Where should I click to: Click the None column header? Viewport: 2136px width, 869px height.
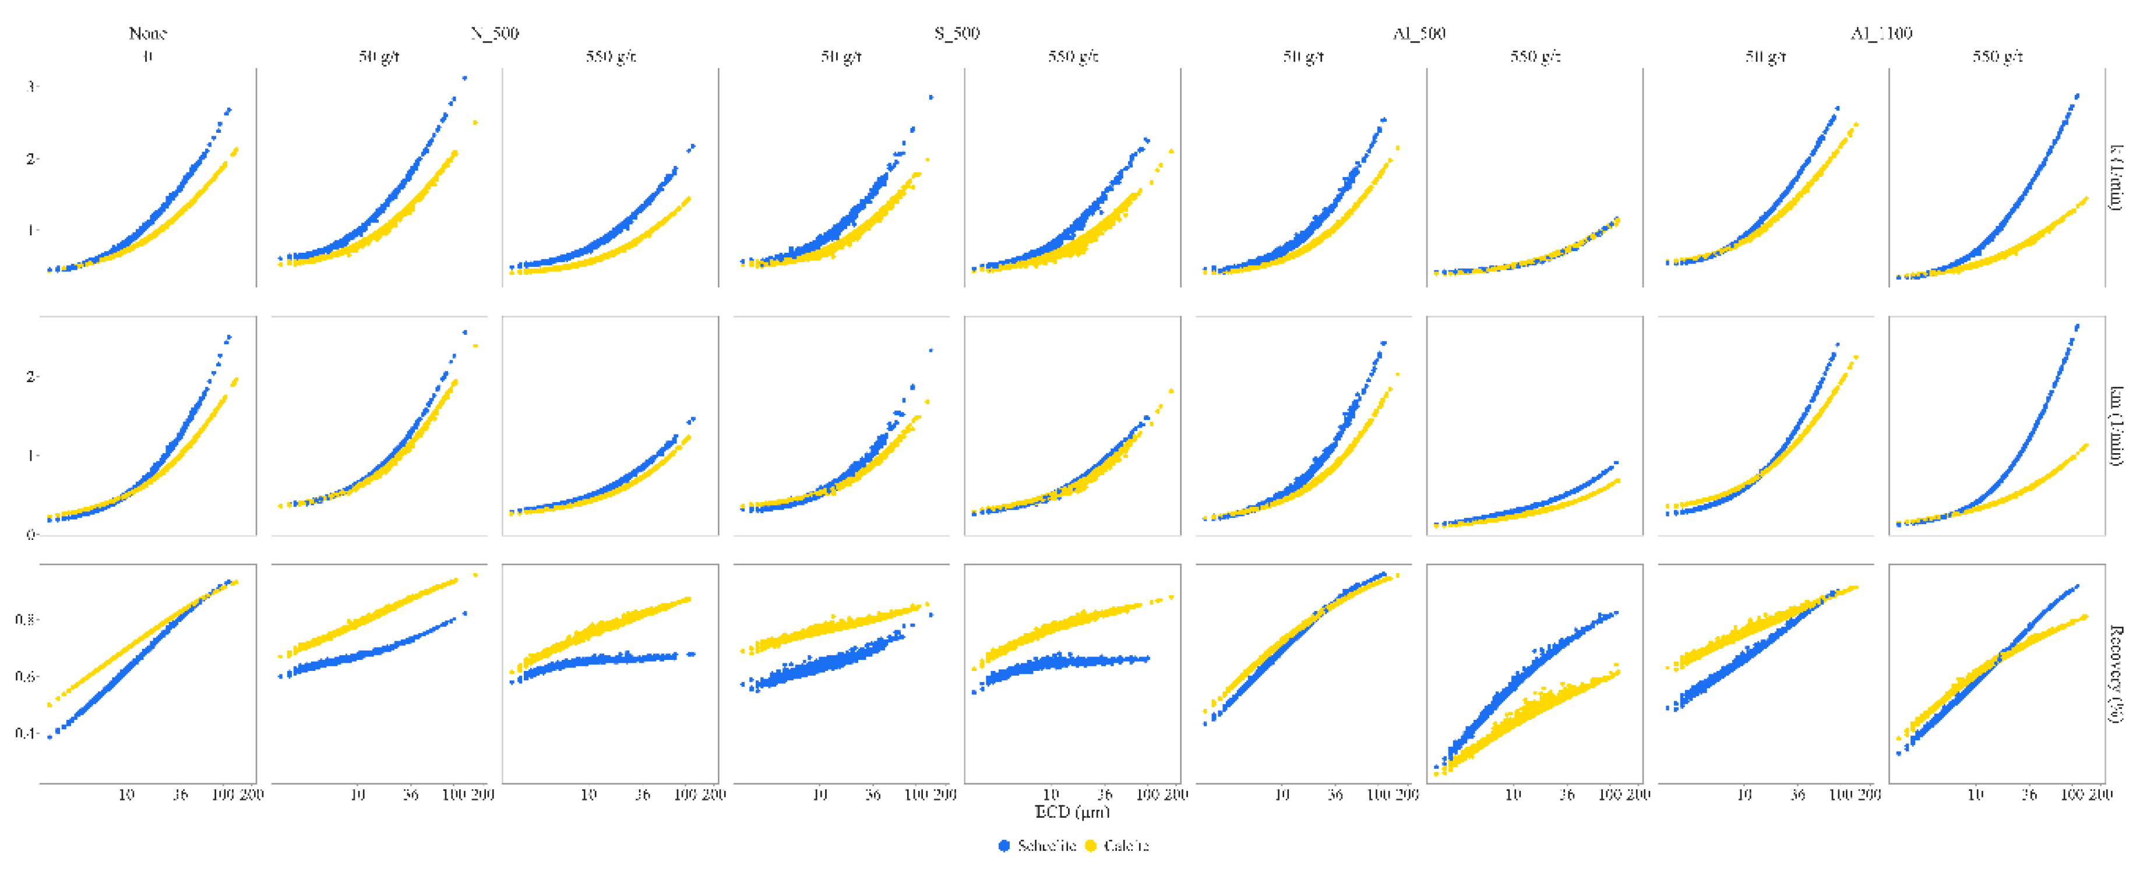pos(147,33)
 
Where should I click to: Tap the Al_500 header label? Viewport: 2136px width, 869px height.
pos(1419,33)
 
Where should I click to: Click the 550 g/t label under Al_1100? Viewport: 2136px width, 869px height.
pos(1997,56)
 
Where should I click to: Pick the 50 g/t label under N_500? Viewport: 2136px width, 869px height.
pos(379,56)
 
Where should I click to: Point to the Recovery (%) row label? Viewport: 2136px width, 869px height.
pos(2117,673)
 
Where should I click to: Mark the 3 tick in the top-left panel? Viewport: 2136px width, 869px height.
pos(31,86)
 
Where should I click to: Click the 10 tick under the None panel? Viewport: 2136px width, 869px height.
pos(126,795)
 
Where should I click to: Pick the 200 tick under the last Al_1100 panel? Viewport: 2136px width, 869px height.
pos(2100,795)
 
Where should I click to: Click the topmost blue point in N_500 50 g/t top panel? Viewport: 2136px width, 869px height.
pos(464,79)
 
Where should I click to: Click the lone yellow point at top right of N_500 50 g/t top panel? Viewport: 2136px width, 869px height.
pos(475,123)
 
